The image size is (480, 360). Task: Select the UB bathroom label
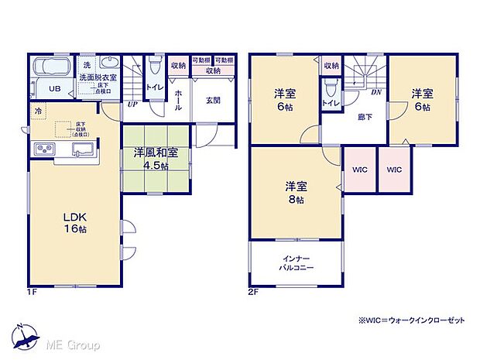click(55, 89)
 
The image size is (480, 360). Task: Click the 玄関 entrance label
click(214, 99)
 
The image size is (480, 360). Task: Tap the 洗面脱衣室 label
click(98, 77)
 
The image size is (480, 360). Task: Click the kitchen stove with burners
click(44, 149)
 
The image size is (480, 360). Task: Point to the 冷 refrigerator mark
click(38, 111)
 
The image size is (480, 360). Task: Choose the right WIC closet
click(394, 170)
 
